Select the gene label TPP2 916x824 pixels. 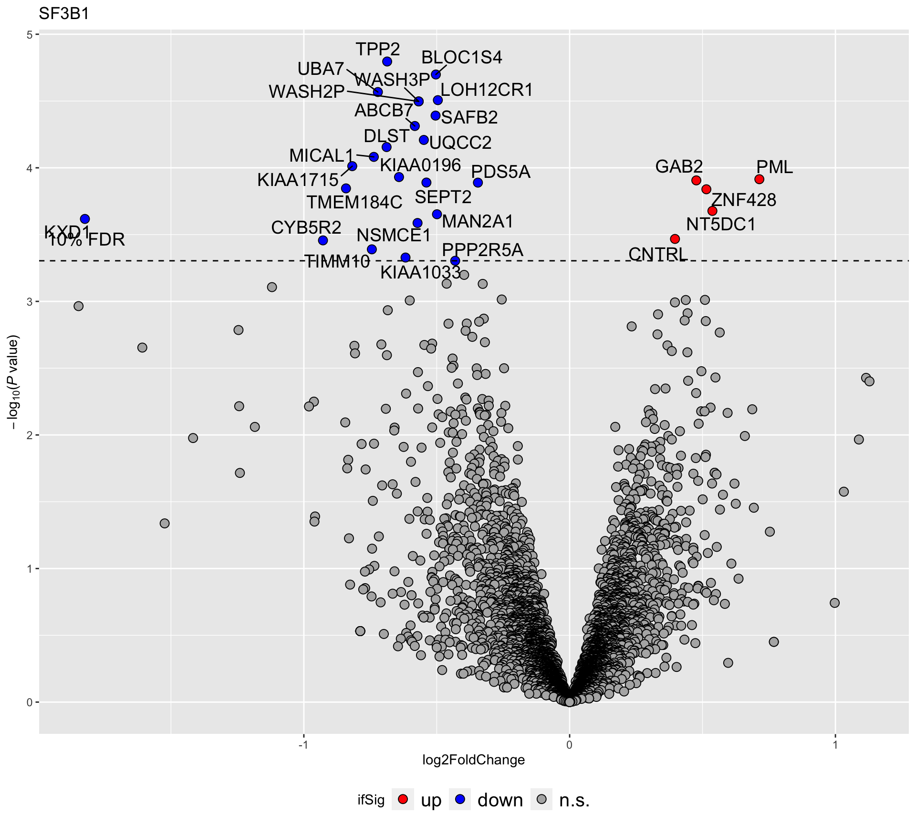click(x=378, y=49)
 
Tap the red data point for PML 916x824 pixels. click(x=759, y=179)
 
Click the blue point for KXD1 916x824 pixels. click(x=85, y=219)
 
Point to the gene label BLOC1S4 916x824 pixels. click(x=461, y=58)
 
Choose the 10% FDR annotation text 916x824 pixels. click(x=86, y=240)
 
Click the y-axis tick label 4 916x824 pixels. click(x=30, y=168)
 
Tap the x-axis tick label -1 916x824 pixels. click(x=303, y=745)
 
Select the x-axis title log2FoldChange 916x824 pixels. click(x=473, y=760)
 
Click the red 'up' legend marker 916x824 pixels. click(x=403, y=799)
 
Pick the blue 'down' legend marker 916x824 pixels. click(x=460, y=799)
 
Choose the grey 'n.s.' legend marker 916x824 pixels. click(x=541, y=799)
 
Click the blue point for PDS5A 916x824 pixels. click(x=478, y=183)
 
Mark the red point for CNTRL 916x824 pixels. click(x=675, y=238)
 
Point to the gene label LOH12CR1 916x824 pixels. click(x=486, y=90)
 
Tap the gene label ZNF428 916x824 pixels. click(x=744, y=200)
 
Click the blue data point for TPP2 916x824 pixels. click(x=387, y=62)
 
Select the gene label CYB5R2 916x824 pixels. click(x=306, y=228)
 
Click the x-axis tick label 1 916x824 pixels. click(x=835, y=745)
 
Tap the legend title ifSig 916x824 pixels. click(x=371, y=800)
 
